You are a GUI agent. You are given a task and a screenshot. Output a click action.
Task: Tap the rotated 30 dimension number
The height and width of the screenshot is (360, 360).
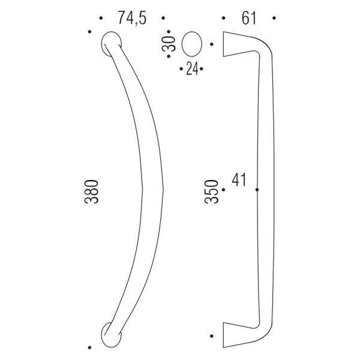(x=170, y=43)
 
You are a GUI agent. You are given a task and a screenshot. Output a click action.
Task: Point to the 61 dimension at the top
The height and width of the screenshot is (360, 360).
(x=249, y=19)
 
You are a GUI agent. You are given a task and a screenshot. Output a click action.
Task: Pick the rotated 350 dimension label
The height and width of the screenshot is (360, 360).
(x=211, y=191)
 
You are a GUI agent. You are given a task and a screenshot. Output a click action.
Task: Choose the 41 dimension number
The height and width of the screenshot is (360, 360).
(x=240, y=180)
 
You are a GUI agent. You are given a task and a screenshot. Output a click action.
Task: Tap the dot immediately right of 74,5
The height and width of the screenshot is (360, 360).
(x=164, y=20)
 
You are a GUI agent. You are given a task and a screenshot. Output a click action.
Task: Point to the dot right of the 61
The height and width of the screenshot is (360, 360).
(x=274, y=20)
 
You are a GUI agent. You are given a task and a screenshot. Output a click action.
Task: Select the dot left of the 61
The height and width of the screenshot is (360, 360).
(x=223, y=20)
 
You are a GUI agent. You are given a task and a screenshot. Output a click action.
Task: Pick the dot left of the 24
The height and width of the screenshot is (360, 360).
(x=181, y=69)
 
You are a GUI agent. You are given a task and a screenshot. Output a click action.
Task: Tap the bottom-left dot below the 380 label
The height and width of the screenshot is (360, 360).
(x=90, y=346)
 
